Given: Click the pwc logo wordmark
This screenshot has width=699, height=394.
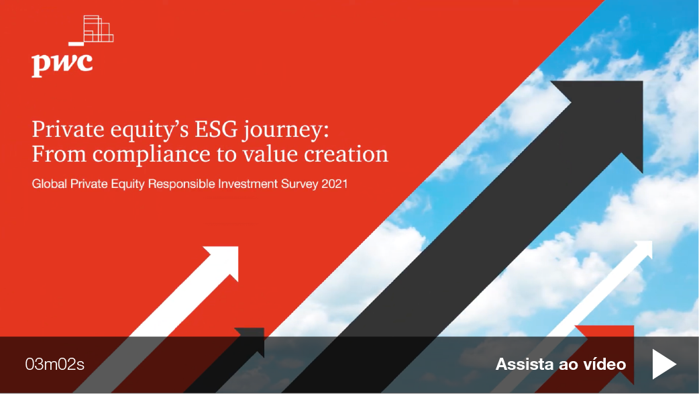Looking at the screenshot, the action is point(62,64).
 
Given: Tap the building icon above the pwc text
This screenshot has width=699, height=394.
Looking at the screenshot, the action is point(91,30).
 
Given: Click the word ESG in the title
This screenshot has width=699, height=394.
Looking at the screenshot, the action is point(216,130).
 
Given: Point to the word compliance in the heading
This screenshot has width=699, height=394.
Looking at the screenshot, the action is point(152,155).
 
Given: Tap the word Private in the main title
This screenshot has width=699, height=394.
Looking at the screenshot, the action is point(68,130).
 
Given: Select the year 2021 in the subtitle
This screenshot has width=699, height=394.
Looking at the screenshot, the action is point(334,184).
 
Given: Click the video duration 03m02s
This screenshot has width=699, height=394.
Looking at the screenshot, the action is point(55,364).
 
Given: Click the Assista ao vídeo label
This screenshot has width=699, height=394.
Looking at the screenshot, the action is point(561,364).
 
